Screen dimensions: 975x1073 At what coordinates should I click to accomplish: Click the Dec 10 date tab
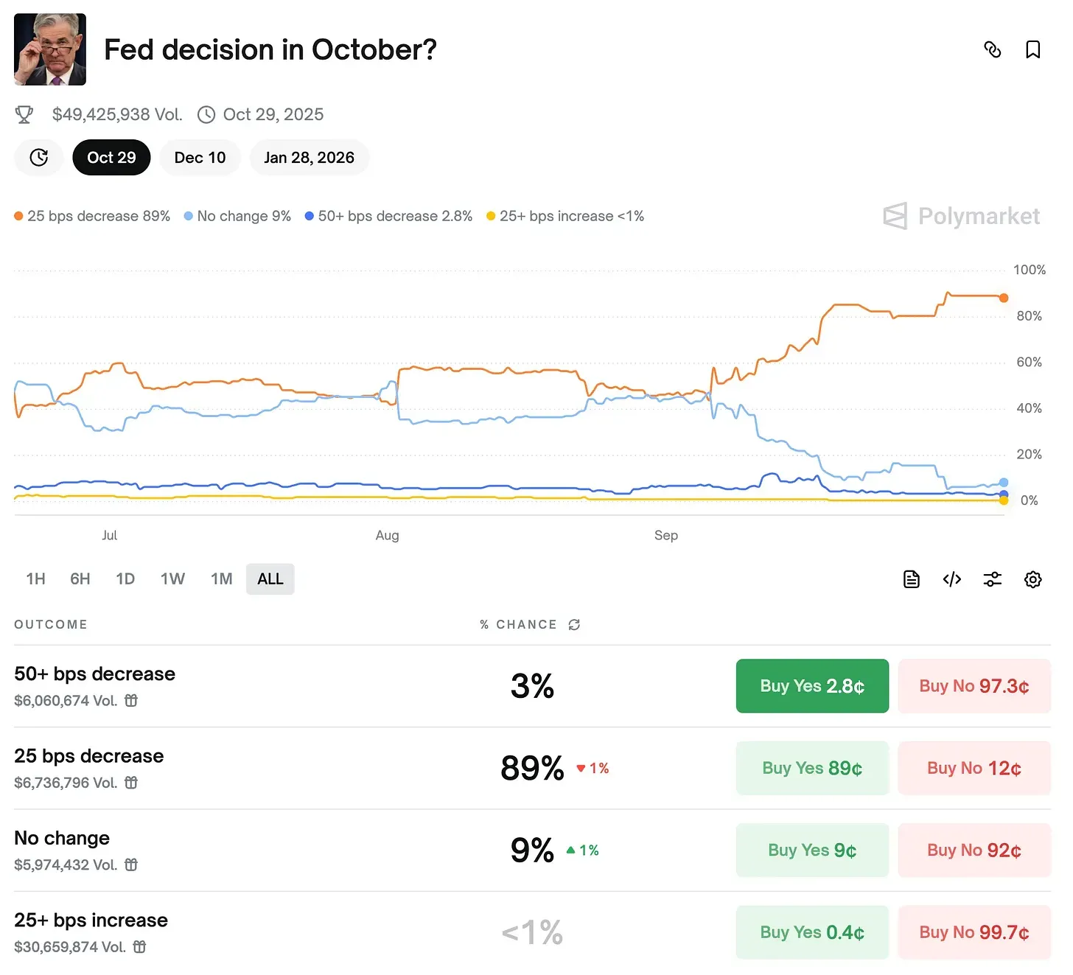(x=200, y=158)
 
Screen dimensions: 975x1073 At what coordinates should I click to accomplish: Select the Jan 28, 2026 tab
(x=309, y=158)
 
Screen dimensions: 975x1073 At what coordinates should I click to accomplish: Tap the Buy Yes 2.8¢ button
(x=812, y=686)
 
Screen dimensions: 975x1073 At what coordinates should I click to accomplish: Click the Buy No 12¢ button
(x=974, y=768)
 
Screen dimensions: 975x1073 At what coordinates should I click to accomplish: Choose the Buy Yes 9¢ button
(x=812, y=850)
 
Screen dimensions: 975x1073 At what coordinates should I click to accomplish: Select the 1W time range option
(x=172, y=579)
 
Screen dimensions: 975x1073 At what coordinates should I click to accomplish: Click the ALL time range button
(x=270, y=579)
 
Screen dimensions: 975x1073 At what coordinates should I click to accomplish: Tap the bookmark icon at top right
(x=1032, y=49)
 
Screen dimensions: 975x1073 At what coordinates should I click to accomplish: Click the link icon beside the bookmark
(x=993, y=49)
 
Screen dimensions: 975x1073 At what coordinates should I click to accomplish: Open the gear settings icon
(x=1032, y=579)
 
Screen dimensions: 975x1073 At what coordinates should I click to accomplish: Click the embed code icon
(x=952, y=579)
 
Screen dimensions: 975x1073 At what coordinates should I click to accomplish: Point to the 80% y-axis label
(x=1029, y=316)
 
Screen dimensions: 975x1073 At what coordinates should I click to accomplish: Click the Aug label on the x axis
(x=387, y=536)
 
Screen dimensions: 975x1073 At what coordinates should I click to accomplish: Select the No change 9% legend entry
(x=238, y=216)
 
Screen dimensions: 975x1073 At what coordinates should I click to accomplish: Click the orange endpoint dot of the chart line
(x=1004, y=298)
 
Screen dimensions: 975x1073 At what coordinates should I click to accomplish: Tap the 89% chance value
(x=532, y=768)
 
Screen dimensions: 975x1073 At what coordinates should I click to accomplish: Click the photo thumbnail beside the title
(x=50, y=49)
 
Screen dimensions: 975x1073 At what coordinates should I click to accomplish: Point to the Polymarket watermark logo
(x=962, y=216)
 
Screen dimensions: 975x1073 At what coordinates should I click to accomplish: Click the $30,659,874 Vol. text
(x=70, y=947)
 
